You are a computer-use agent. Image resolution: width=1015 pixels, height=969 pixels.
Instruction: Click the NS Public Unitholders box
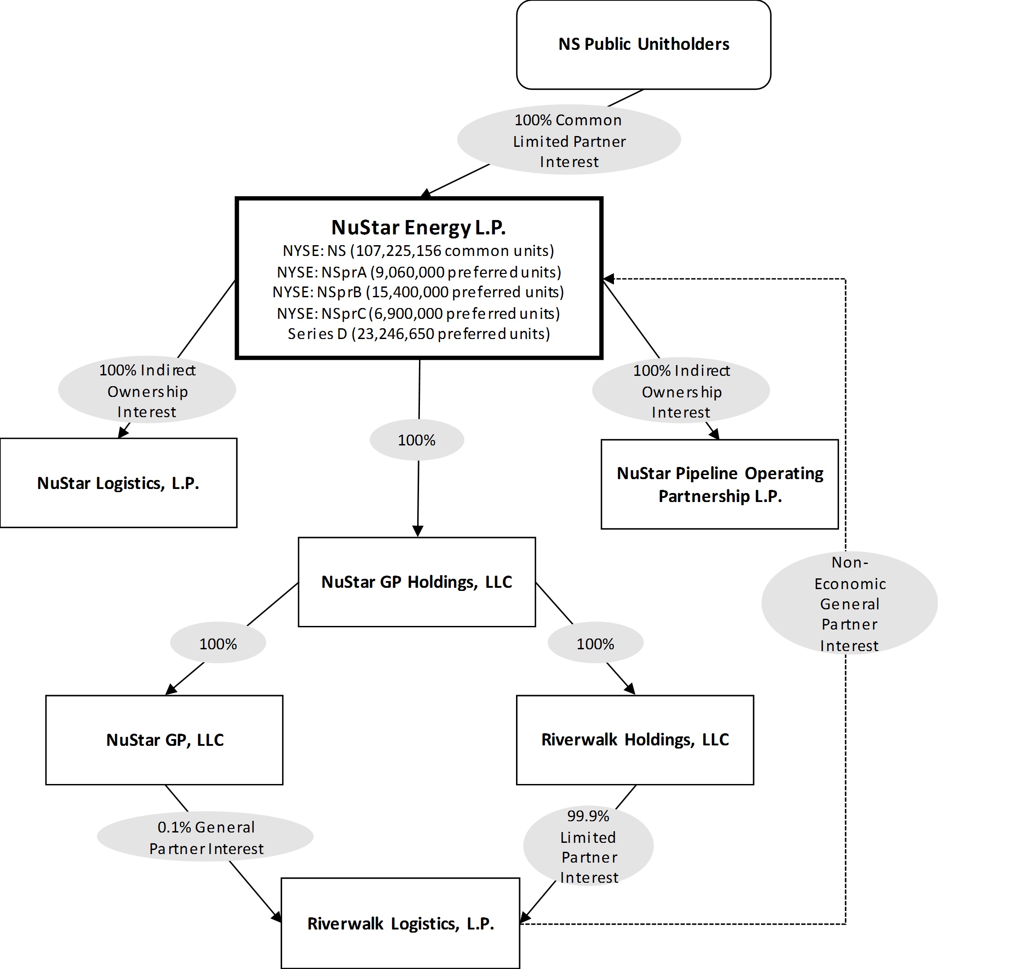pos(643,44)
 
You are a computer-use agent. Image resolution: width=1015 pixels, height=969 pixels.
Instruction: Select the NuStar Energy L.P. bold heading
pos(419,227)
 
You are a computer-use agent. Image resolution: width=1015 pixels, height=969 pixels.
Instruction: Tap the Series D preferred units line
pos(419,334)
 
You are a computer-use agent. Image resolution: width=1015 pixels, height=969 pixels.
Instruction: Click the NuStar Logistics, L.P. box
pos(118,483)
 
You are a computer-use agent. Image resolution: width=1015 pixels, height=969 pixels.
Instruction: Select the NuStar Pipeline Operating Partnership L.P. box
pos(719,484)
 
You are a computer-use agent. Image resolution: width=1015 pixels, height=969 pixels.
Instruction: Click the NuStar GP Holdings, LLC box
pos(416,582)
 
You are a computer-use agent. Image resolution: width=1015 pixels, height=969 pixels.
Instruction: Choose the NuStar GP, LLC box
pos(164,740)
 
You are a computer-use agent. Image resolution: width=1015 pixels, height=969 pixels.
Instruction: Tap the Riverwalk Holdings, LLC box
pos(635,740)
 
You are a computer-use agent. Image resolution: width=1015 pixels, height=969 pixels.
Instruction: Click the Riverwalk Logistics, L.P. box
pos(400,923)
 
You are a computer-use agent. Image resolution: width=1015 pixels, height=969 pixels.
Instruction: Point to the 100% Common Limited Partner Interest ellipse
pos(569,140)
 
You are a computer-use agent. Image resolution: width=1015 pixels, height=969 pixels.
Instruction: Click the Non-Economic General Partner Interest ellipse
pos(849,603)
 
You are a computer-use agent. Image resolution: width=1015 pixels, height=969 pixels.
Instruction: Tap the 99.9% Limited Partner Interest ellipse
pos(588,846)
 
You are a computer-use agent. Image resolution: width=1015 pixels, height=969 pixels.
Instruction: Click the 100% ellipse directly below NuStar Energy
pos(416,440)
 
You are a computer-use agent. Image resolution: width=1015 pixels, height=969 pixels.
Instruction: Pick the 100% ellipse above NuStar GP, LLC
pos(218,643)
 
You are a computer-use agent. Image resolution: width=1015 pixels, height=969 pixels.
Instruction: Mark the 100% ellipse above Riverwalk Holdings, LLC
pos(595,643)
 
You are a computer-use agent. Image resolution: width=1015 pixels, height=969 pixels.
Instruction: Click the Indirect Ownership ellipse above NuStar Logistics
pos(147,391)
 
